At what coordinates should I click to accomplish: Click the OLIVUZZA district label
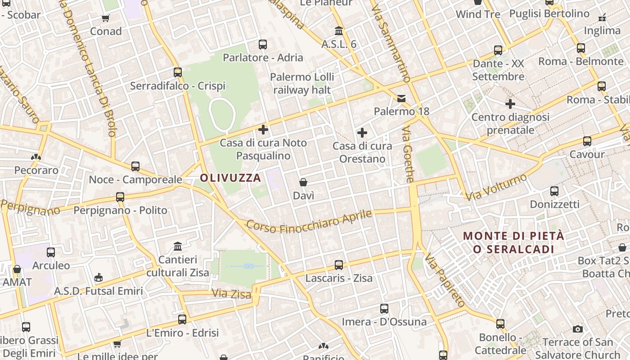click(230, 178)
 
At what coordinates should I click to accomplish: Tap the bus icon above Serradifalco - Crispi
click(178, 72)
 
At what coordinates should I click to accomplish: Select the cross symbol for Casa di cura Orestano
click(362, 133)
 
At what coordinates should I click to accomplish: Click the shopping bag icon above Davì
click(303, 182)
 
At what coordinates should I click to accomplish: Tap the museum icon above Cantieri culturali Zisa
click(178, 247)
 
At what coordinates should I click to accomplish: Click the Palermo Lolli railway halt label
click(302, 83)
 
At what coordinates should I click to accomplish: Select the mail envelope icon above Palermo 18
click(401, 98)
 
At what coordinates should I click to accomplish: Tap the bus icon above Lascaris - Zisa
click(339, 265)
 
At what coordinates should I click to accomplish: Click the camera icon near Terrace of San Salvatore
click(578, 329)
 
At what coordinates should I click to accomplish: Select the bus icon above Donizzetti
click(554, 191)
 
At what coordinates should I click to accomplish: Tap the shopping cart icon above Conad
click(106, 18)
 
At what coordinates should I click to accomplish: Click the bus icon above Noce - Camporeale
click(135, 166)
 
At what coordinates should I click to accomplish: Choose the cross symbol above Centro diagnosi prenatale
click(510, 104)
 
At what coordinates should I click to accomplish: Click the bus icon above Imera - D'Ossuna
click(384, 309)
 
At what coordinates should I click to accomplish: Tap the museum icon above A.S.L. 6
click(339, 31)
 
